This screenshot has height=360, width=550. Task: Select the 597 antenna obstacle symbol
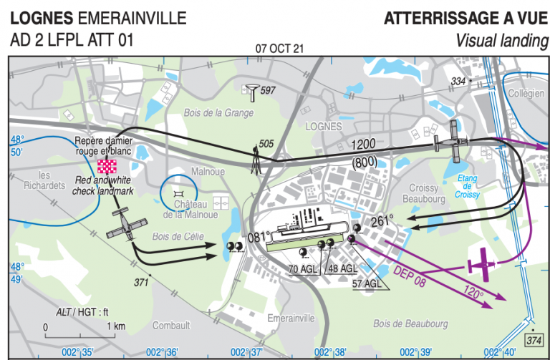coord(252,91)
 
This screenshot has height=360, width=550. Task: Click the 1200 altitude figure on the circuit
coord(365,145)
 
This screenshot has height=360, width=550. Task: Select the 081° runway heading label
coord(259,237)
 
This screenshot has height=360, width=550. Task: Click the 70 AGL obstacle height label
coord(302,268)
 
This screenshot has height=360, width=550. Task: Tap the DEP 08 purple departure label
coord(410,274)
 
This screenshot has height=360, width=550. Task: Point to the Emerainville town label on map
coord(290,316)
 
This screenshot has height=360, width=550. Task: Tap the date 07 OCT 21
coord(279,49)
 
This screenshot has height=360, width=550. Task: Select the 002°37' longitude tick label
coord(244,351)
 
